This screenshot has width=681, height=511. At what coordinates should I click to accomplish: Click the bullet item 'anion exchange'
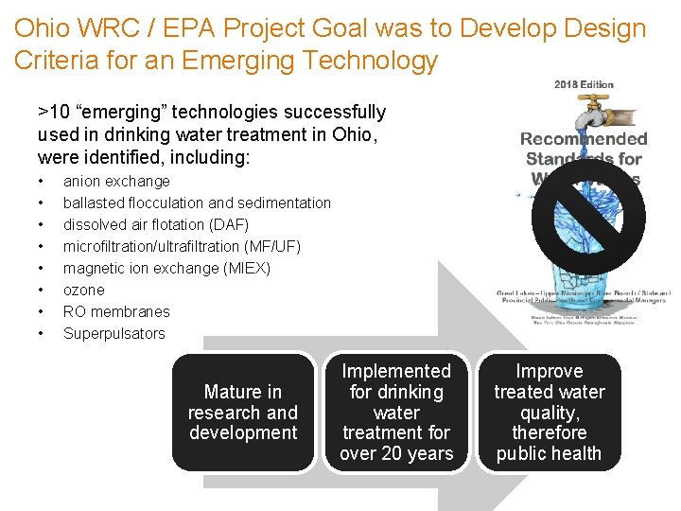[x=116, y=181]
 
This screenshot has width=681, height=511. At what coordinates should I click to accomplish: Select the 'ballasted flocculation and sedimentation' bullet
[x=197, y=203]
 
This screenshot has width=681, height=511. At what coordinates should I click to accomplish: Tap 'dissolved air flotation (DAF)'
[x=155, y=224]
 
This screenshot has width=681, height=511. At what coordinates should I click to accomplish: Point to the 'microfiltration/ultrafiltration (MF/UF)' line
[x=182, y=246]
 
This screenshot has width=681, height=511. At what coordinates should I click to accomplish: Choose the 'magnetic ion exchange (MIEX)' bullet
[x=166, y=268]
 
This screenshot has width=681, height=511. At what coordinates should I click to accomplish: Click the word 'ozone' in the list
[x=83, y=290]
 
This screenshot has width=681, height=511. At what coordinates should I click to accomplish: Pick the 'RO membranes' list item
[x=116, y=311]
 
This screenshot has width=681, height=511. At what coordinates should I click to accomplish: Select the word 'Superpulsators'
[x=113, y=333]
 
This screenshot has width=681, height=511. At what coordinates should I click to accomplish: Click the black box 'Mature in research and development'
[x=243, y=412]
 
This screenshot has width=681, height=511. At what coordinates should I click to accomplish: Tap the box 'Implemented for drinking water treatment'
[x=396, y=412]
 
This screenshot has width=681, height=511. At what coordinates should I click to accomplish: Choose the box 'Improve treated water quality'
[x=550, y=412]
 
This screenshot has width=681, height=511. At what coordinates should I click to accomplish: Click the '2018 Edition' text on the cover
[x=584, y=85]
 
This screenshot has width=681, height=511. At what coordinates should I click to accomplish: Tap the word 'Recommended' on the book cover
[x=584, y=139]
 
